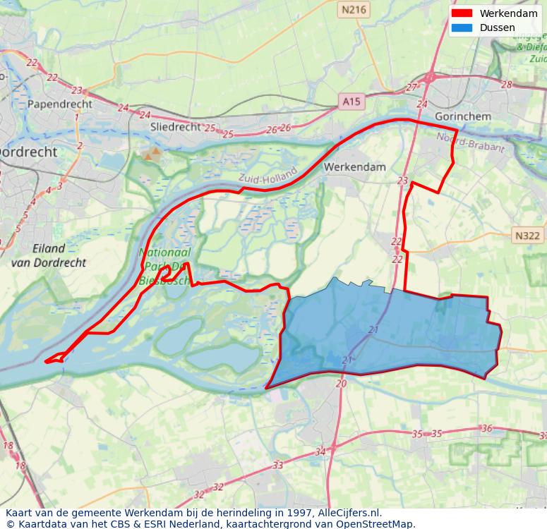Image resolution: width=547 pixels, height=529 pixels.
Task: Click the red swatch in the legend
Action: point(462,13)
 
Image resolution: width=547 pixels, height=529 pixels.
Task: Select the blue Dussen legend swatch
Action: point(462,28)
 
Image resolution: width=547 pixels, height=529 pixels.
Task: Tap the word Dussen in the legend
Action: point(497,28)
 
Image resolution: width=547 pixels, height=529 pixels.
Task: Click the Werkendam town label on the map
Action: point(354,167)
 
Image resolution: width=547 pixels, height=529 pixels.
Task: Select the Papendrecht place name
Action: point(60,104)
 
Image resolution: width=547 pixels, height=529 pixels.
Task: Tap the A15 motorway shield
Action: point(351,102)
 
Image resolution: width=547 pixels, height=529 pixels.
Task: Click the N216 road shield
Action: point(354,9)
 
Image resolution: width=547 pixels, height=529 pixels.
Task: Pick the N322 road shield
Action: point(527,236)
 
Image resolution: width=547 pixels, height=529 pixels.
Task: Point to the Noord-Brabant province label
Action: point(471,142)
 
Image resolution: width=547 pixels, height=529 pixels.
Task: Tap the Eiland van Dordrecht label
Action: point(49,255)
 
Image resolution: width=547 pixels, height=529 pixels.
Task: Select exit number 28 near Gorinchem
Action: point(506,85)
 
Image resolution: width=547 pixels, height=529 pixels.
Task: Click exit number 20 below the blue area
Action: point(341,384)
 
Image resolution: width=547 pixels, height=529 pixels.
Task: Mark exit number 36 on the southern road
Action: point(486,428)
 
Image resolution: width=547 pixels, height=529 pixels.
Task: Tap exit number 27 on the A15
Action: point(411,87)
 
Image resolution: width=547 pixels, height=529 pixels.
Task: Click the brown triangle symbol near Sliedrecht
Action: point(150,153)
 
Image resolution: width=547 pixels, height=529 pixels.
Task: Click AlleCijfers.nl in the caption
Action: point(347,513)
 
